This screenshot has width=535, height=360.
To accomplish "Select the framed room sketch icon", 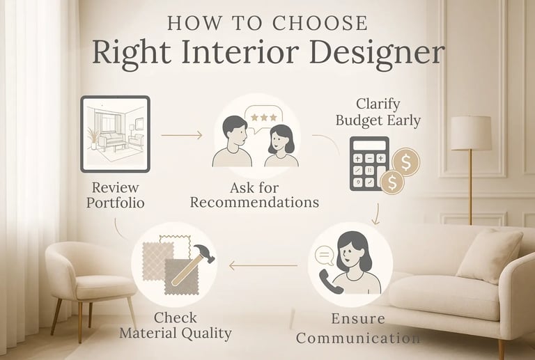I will coord(115,134).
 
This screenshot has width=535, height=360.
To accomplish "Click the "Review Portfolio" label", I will coord(115,195).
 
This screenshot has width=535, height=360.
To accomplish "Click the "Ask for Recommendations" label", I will coord(254,195).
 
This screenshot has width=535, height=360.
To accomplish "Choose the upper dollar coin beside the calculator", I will coord(405,163).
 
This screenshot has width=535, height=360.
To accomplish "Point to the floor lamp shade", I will coord(470,133).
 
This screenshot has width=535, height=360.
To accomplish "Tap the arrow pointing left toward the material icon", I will coord(263,265).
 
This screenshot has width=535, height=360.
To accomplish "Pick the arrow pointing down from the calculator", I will coord(378,213).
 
